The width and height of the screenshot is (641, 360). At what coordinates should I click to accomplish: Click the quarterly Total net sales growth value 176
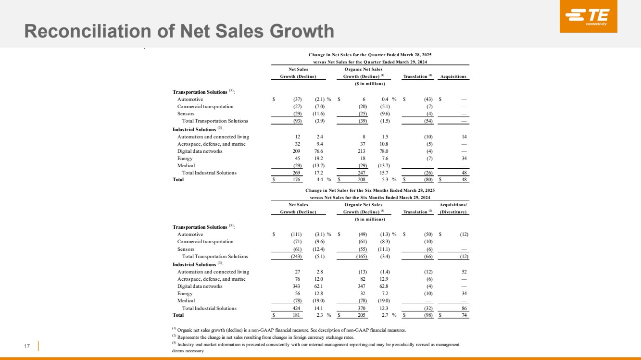(295, 180)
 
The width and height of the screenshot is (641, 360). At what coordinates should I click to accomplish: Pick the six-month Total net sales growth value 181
(295, 315)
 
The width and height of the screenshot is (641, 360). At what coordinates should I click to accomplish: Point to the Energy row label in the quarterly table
(185, 158)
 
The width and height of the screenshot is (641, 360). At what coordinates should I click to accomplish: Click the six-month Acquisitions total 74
(464, 315)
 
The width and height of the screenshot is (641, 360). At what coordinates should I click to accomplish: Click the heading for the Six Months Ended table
(370, 190)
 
